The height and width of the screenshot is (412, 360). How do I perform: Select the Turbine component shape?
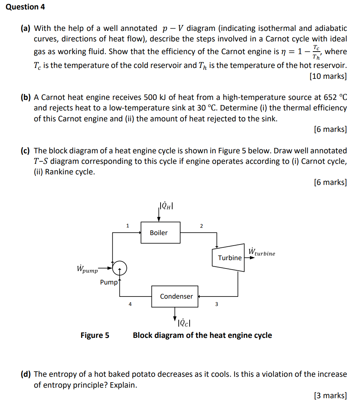pyautogui.click(x=229, y=258)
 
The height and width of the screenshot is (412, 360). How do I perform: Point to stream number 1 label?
pyautogui.click(x=128, y=226)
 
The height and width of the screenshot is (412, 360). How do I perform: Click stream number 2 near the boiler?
pyautogui.click(x=201, y=226)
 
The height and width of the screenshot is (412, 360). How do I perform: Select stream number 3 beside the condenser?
pyautogui.click(x=217, y=304)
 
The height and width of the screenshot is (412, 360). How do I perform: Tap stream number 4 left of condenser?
pyautogui.click(x=130, y=304)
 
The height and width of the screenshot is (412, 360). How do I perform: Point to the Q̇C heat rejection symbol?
pyautogui.click(x=185, y=322)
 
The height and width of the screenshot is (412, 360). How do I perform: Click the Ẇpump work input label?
pyautogui.click(x=87, y=269)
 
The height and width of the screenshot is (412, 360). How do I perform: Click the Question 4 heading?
pyautogui.click(x=25, y=7)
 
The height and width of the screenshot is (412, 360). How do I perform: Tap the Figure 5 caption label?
pyautogui.click(x=95, y=335)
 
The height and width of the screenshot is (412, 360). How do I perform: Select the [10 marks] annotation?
pyautogui.click(x=328, y=76)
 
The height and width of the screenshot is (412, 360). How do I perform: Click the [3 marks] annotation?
pyautogui.click(x=330, y=395)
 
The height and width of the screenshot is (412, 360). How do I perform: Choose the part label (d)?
pyautogui.click(x=25, y=374)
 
